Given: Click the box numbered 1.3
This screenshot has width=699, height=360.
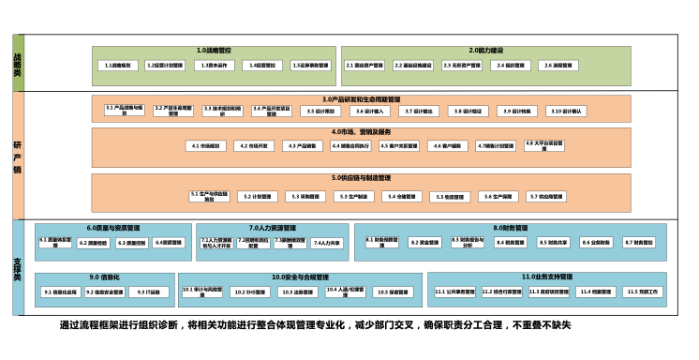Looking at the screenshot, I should coord(215,66).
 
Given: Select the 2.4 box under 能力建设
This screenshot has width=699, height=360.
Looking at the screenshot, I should coord(511,66).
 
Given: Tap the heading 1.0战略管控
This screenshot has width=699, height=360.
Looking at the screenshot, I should coord(214,50).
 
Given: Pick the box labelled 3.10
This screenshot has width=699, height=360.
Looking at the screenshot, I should coord(567,111).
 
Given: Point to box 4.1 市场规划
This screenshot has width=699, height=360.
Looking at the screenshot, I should coord(205,146).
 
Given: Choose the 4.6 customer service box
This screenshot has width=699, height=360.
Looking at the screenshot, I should coord(448,146).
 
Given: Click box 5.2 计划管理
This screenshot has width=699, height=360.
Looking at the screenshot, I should coord(258,197).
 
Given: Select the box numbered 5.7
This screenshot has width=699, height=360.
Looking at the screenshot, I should coord(546,197).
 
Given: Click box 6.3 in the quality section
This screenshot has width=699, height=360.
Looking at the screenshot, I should coord(131,243).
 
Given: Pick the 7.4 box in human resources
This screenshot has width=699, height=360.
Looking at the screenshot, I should coord(327,243).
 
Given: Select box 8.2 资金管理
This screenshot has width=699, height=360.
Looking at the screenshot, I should coord(424,243).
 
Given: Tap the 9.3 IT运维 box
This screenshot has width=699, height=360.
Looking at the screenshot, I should coord(149,292).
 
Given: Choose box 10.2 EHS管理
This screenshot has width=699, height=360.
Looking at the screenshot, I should coord(250,292).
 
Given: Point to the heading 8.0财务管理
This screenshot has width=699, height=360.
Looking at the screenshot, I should coord(511,228).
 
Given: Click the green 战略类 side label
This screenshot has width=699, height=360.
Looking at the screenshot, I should coord(17,63).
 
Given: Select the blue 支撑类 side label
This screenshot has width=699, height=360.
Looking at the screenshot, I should coord(17,268).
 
